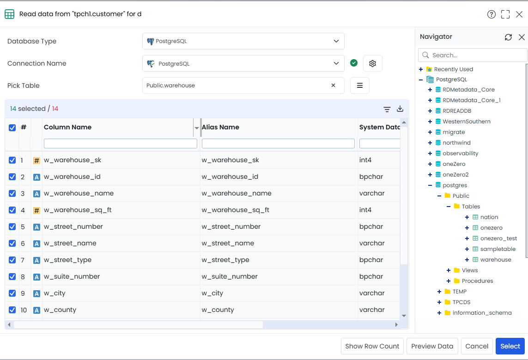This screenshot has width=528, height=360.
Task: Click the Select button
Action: click(510, 346)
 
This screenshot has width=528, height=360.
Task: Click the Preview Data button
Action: click(432, 346)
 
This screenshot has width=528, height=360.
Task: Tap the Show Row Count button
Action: click(372, 346)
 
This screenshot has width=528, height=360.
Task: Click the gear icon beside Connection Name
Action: click(372, 63)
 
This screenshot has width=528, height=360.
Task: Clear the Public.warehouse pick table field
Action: click(333, 85)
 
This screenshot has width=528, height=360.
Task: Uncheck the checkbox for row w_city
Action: click(12, 293)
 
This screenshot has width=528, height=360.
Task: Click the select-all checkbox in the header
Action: click(12, 128)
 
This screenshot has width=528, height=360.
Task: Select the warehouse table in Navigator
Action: click(495, 260)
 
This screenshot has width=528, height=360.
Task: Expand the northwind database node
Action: click(430, 143)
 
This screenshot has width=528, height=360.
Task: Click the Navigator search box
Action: click(473, 55)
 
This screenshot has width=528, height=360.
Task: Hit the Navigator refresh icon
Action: click(508, 37)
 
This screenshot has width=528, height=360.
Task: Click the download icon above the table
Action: click(400, 109)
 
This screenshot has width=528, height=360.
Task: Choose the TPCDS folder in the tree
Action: click(461, 302)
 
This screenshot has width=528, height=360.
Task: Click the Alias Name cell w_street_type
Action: click(225, 260)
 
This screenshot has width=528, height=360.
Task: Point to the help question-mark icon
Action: click(492, 14)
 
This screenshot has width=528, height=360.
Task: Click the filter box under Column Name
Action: click(120, 143)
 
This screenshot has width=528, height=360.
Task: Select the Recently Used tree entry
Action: click(453, 69)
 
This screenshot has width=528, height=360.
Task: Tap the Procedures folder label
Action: click(477, 281)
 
